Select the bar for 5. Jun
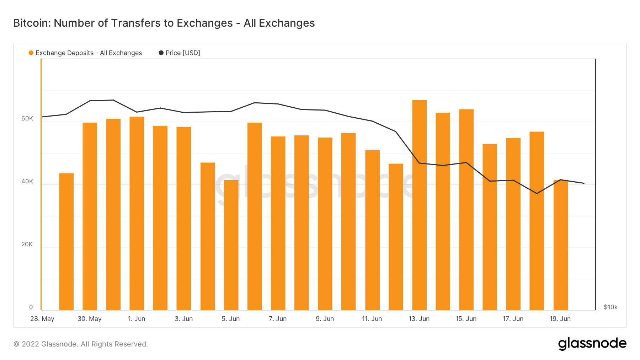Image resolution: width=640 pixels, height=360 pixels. tap(231, 245)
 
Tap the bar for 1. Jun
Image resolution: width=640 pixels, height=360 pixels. tap(137, 213)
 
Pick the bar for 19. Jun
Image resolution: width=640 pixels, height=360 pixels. tap(561, 245)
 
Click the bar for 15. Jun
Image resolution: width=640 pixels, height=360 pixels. tap(466, 210)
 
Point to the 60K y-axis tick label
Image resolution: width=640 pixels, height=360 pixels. tap(27, 118)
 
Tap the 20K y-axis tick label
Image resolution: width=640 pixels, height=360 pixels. tap(27, 244)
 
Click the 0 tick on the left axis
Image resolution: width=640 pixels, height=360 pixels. tap(31, 307)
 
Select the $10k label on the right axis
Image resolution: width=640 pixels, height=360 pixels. tap(610, 307)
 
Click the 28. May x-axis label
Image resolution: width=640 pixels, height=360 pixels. tap(42, 319)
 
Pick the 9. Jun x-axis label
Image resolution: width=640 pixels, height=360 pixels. tap(325, 319)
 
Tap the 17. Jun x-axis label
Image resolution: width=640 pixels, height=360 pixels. tap(513, 319)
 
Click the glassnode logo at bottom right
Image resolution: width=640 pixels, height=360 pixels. tap(592, 344)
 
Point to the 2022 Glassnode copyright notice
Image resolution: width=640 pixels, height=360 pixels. tap(81, 344)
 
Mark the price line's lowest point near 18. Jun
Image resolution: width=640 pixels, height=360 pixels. tap(537, 193)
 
